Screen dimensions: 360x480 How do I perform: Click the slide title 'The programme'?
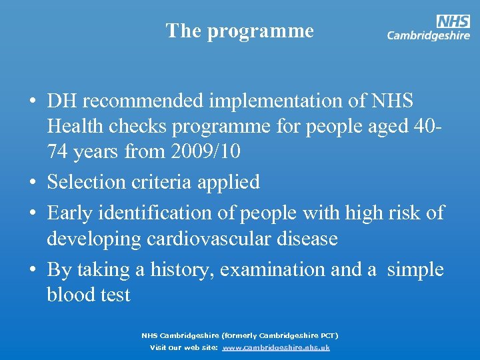pyautogui.click(x=239, y=31)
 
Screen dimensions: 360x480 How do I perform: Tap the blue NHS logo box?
pyautogui.click(x=453, y=21)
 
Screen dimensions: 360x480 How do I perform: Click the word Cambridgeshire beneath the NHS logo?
pyautogui.click(x=429, y=36)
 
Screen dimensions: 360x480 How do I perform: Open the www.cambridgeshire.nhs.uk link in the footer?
pyautogui.click(x=275, y=347)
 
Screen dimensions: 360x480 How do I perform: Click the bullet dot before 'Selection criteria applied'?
pyautogui.click(x=32, y=182)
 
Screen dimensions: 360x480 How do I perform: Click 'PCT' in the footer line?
pyautogui.click(x=327, y=335)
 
